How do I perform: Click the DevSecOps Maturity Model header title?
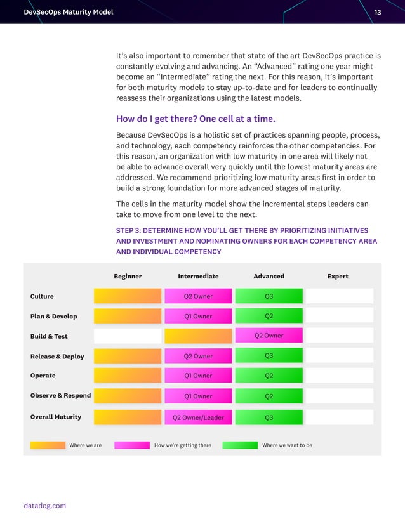coord(68,12)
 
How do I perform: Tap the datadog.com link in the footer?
coord(44,506)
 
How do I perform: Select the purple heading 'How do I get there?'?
coord(196,119)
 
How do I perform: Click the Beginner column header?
coord(128,277)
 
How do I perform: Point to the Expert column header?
coord(338,277)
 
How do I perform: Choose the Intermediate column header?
coord(198,277)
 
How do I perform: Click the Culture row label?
coord(42,296)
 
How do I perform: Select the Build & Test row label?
coord(49,336)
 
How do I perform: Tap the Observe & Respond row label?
coord(60,396)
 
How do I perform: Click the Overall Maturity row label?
coord(56,417)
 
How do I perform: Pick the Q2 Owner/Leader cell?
coord(198,417)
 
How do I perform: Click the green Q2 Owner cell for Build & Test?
coord(269,336)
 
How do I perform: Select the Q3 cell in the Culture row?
coord(269,296)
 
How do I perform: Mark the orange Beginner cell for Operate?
coord(128,376)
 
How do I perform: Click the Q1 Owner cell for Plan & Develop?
coord(198,317)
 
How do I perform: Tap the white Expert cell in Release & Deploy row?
coord(339,356)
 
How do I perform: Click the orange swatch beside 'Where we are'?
coord(48,445)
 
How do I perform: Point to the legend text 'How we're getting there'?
coord(183,445)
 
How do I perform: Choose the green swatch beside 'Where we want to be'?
coord(240,445)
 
